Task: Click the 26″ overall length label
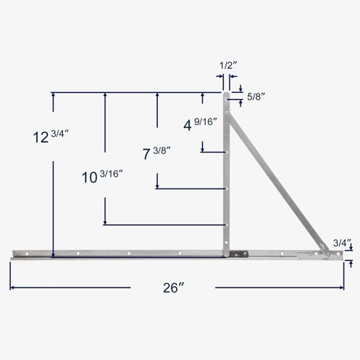171,288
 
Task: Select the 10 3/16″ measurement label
103,176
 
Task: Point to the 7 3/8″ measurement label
156,153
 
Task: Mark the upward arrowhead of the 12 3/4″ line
53,95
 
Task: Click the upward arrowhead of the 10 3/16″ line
105,95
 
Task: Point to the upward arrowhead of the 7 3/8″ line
157,95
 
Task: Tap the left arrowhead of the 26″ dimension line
13,288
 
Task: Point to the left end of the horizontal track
14,254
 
